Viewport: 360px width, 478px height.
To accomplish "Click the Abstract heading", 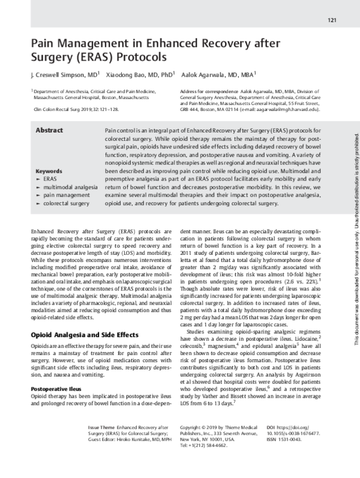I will tap(49, 130).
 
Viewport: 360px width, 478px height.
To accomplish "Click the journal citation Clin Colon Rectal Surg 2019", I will tap(76, 110).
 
